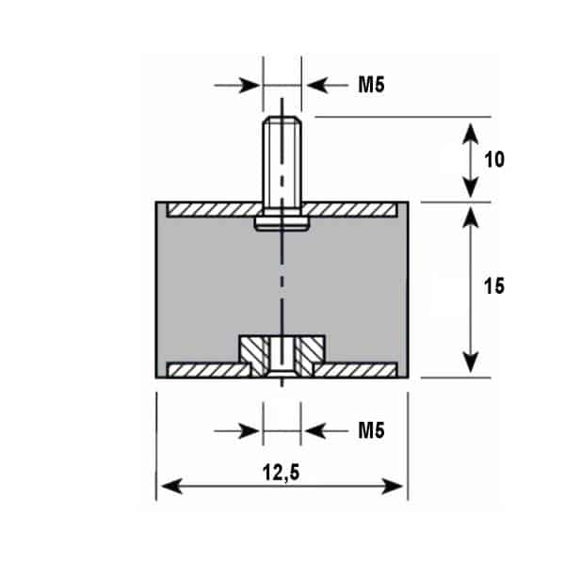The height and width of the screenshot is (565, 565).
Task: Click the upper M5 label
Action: click(372, 85)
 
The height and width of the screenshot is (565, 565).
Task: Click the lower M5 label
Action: click(372, 430)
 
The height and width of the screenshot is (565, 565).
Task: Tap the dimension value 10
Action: click(494, 159)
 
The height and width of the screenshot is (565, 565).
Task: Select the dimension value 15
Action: click(494, 286)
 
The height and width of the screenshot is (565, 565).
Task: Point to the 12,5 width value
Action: click(281, 473)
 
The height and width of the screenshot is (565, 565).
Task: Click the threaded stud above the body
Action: click(282, 159)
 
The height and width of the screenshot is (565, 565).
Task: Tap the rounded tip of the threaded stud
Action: click(282, 120)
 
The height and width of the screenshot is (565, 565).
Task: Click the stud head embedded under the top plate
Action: click(282, 223)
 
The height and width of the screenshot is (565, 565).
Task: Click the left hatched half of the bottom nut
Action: click(253, 355)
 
